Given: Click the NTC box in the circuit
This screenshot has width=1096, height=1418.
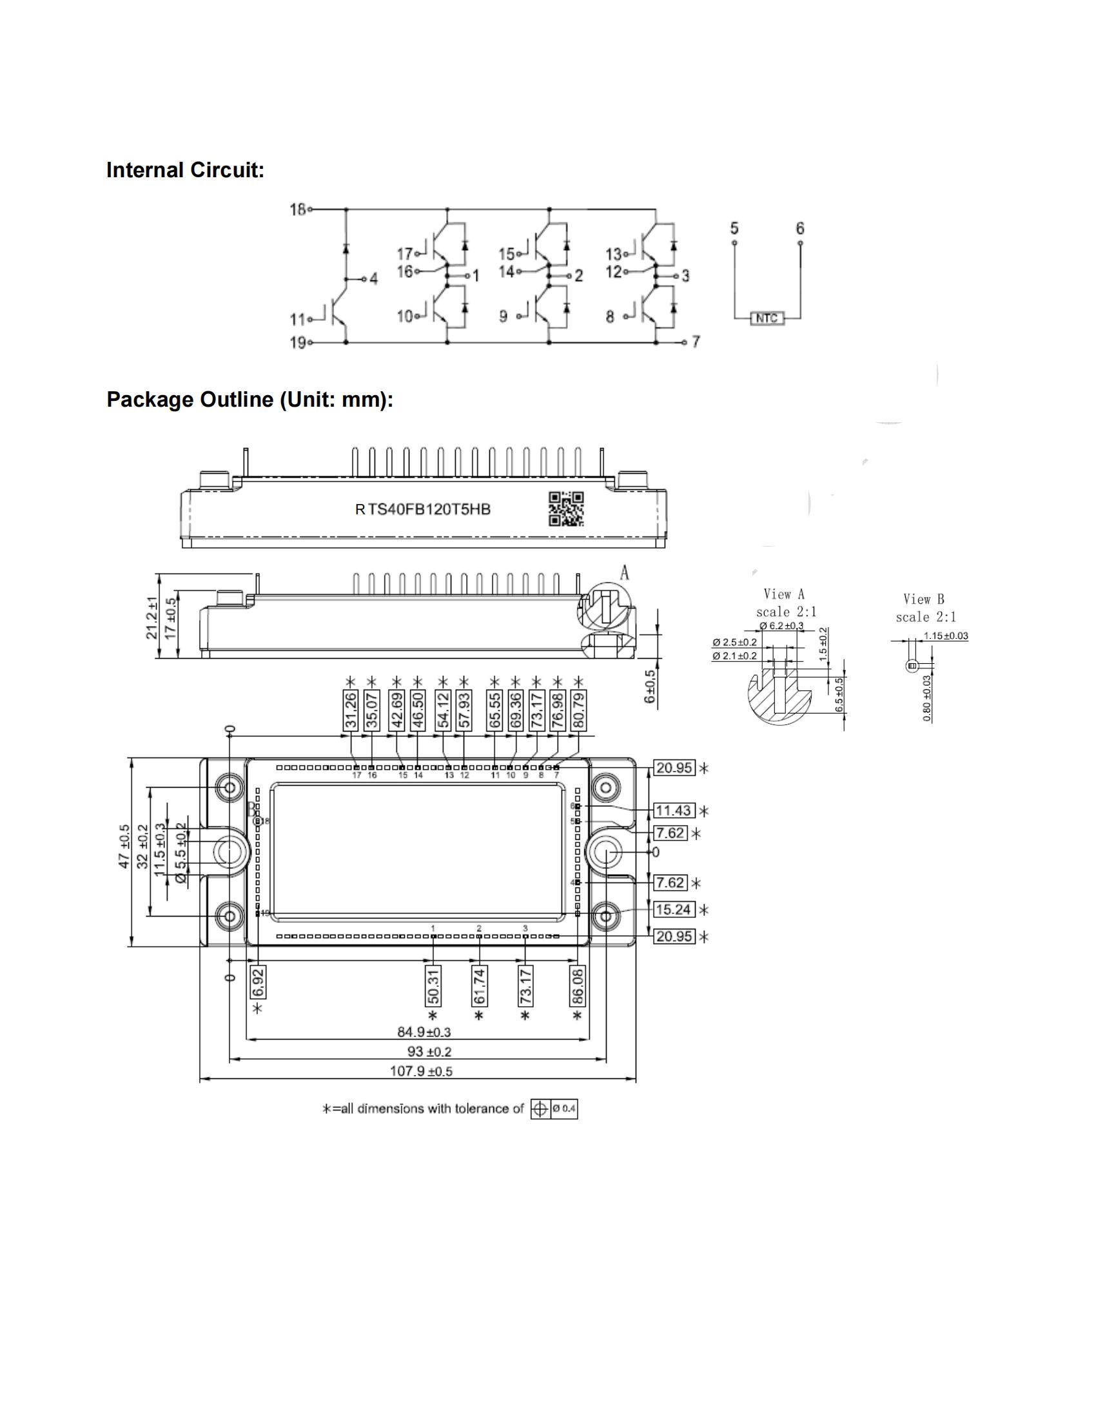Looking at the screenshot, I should pos(767,318).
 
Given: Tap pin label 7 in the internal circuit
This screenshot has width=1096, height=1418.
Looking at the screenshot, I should pos(696,342).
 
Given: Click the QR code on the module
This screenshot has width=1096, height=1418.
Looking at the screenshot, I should pos(566,509).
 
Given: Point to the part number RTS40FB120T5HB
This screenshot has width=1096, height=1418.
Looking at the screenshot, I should pos(423,510).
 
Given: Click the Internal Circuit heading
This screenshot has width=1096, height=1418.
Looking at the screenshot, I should pos(185,170).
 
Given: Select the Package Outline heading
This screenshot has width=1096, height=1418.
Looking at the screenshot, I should pos(250,400).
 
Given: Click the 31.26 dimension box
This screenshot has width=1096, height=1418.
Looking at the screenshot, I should pos(351,710).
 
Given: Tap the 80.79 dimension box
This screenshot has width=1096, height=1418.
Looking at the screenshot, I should pos(578,710).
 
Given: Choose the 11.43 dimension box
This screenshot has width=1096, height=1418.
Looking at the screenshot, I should pos(673,810).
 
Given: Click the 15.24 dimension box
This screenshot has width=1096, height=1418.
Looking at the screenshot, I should pos(673,909).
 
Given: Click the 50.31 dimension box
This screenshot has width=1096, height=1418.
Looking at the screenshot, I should pos(433,985).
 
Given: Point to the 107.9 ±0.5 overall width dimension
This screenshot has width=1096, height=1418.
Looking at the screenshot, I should pos(421,1071).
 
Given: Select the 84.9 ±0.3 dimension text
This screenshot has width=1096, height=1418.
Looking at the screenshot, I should pos(424,1032).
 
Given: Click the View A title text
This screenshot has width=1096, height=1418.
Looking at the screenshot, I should pos(784,594).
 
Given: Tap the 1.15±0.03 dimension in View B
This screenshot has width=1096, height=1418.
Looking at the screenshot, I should pos(945,636).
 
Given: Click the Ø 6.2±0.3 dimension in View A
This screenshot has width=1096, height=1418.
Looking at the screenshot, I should pos(781,625).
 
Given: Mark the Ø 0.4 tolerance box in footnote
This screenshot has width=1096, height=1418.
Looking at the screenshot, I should pos(563,1109).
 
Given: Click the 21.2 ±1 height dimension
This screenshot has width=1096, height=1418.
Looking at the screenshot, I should pos(152,617).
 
